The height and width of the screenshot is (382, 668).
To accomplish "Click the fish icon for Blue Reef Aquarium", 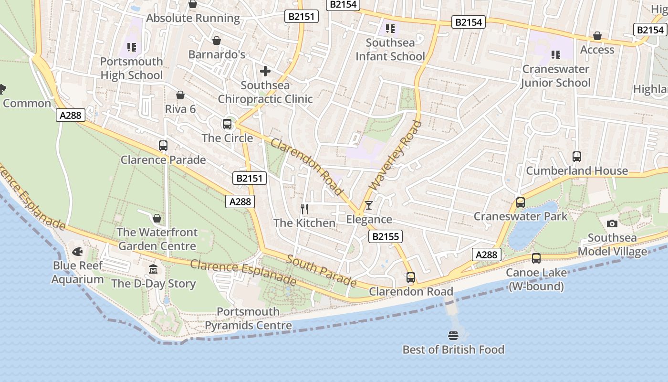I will coord(77,251).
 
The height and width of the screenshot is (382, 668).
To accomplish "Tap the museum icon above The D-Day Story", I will coord(153,269).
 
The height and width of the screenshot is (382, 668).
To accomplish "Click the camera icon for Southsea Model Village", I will coord(612,223).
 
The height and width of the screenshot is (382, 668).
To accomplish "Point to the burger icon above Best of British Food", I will coord(453,335).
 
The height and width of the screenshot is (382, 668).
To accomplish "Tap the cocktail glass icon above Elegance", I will coord(368,205).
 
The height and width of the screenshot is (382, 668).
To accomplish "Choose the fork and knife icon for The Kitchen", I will coord(304,209).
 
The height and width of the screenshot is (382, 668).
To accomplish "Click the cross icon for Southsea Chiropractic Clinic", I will coord(265,71).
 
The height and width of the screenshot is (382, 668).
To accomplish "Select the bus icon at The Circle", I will coord(227,124).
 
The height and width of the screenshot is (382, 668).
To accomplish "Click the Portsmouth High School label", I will coord(131,68).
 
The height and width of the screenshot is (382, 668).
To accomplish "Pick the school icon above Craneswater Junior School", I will coord(555,55).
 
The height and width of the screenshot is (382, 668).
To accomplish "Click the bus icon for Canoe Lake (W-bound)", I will coord(536,258).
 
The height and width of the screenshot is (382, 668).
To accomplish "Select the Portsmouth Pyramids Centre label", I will coord(248,318).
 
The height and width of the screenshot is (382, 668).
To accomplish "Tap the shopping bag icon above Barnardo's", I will coord(217,41).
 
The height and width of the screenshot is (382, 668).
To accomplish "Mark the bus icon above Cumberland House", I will coord(577,157).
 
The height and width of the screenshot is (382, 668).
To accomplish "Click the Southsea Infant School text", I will coord(390,50).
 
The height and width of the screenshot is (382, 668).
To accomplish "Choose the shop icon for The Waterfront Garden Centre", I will coord(157,218).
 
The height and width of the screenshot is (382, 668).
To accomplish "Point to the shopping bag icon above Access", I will coord(597,36).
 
